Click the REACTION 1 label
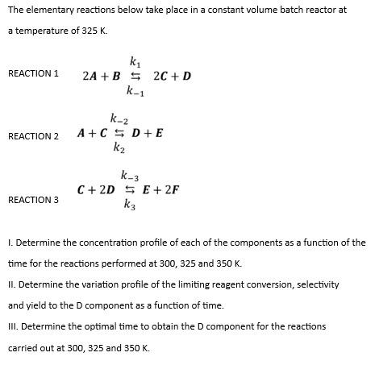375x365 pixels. coord(33,74)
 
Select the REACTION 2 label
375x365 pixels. coord(33,136)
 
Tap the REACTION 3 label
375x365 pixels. coord(33,200)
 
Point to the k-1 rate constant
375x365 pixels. coord(135,91)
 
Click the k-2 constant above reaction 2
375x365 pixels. coord(118,118)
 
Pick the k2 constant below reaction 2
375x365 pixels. coord(119,147)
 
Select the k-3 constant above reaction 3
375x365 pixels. coord(130,176)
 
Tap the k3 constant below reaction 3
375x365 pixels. coord(130,205)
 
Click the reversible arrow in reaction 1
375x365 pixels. coord(135,77)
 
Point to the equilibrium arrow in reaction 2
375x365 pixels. coord(119,133)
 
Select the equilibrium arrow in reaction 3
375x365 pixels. coord(130,190)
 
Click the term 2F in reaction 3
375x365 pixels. coord(171,190)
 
